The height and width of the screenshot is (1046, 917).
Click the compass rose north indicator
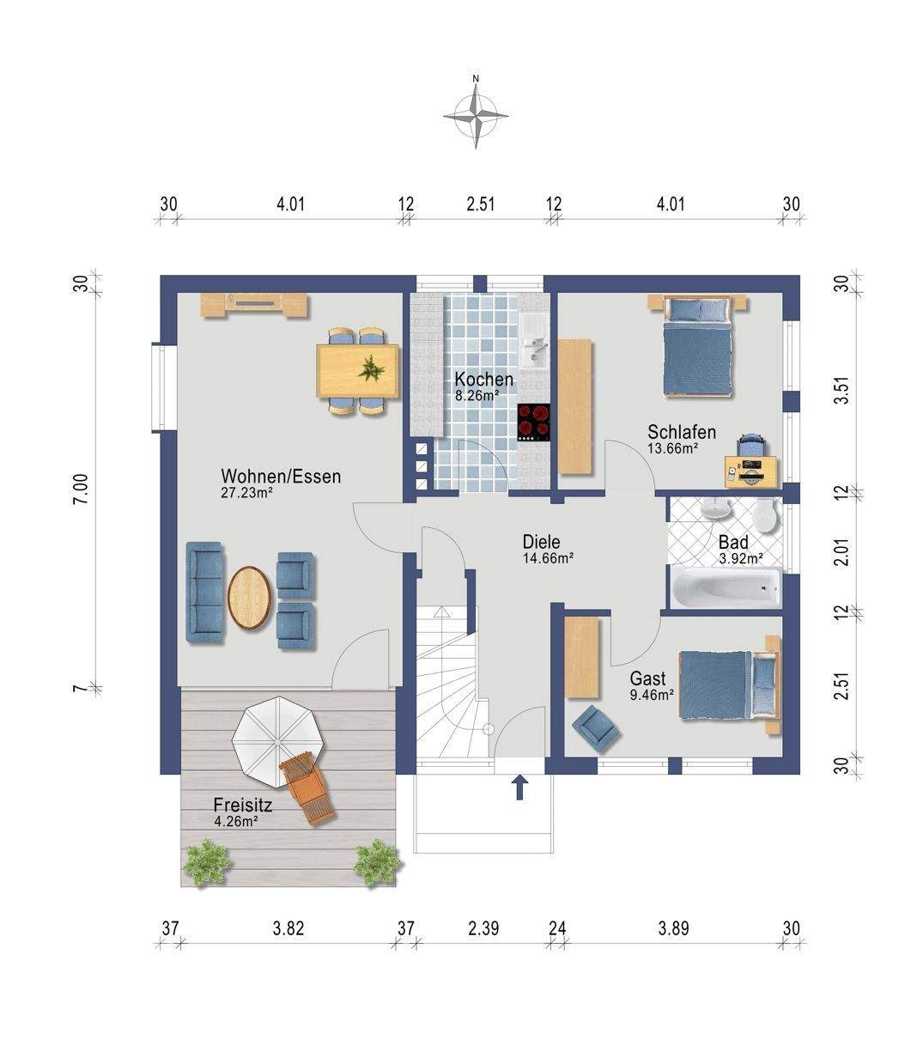(476, 78)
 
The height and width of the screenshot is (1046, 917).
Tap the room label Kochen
(483, 380)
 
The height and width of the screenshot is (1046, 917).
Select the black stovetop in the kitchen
(534, 423)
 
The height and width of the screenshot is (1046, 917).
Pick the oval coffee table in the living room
(249, 598)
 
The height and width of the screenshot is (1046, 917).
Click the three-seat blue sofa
(205, 593)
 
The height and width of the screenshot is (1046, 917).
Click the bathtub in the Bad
(726, 588)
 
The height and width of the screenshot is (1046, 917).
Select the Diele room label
(541, 542)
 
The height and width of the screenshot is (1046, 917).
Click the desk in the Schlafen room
(751, 471)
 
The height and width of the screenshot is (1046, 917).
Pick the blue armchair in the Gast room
(597, 728)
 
